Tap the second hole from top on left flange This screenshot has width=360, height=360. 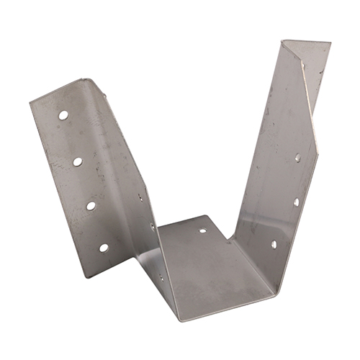(77, 161)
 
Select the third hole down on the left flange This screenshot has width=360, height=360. (91, 205)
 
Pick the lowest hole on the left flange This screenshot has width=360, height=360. (104, 248)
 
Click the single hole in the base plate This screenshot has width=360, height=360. (202, 231)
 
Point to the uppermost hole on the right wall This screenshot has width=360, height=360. (297, 156)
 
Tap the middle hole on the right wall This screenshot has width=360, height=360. (296, 202)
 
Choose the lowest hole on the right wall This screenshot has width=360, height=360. (274, 244)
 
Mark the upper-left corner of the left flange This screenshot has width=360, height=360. (30, 102)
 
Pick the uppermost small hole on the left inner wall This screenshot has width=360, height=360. (140, 196)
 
